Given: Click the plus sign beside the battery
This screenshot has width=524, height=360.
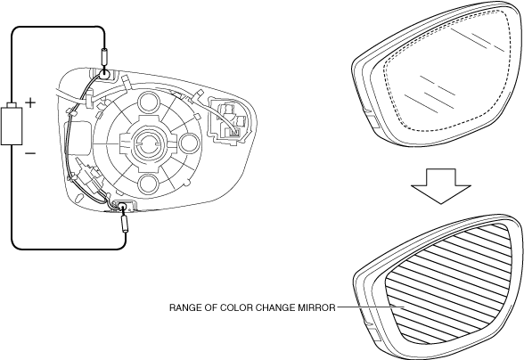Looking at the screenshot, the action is (30, 102).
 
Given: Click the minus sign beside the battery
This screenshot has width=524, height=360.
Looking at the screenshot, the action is (30, 153).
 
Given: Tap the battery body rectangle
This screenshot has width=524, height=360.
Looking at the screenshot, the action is (12, 126).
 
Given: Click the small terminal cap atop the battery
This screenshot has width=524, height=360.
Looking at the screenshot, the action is (12, 104).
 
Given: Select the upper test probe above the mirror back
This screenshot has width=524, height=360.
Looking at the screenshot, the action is (103, 57).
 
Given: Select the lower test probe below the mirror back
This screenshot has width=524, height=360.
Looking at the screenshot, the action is (126, 224).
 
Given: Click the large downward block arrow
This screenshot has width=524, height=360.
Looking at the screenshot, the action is (441, 186).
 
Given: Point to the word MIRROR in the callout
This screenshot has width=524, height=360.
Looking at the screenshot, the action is (316, 307).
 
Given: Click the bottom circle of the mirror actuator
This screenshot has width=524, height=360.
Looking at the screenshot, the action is (148, 184).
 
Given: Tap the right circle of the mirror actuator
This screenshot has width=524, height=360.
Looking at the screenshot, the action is (190, 143).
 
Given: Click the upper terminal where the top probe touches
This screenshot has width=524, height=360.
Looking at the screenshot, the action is (104, 72).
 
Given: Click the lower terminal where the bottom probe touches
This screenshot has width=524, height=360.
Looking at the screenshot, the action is (121, 206).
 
